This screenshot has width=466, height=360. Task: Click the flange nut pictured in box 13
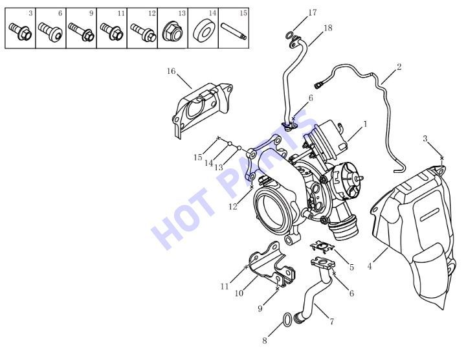point(172,32)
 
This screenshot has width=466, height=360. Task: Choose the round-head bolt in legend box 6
point(50,31)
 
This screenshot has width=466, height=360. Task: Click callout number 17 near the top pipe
point(313,13)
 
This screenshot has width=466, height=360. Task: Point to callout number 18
point(327,28)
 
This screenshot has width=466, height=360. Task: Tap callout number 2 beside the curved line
point(399,67)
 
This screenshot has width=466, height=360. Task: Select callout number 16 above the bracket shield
point(171,71)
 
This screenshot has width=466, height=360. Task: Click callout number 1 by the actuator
point(366,124)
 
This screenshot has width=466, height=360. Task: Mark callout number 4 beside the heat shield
point(370,266)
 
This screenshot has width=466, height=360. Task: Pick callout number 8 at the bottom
point(265,341)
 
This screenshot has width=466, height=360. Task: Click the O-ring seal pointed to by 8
point(287,320)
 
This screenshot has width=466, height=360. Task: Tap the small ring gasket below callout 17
point(289,36)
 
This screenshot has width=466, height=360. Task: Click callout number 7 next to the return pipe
point(331,321)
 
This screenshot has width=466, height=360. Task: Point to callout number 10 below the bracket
point(239,293)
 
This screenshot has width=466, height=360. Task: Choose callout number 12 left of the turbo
point(233,207)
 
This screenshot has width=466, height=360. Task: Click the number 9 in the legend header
point(91,13)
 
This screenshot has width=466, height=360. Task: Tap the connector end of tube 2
point(317,85)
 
